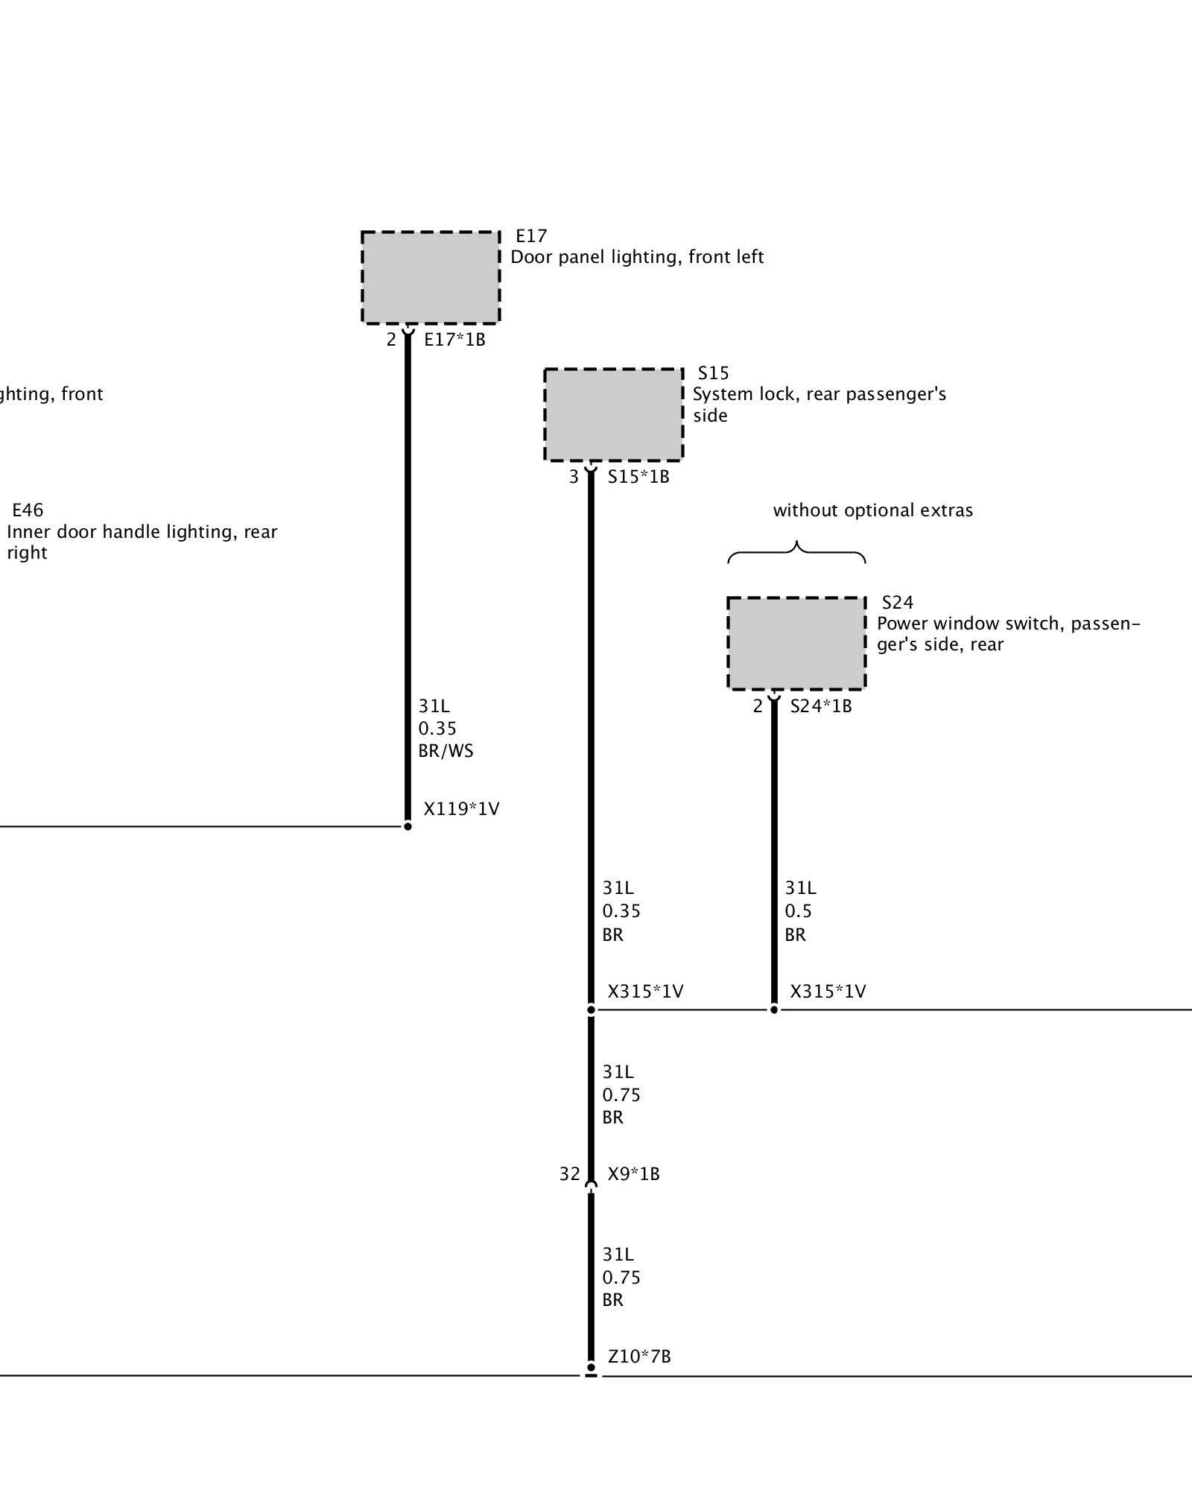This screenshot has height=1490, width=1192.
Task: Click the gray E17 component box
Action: coord(431,277)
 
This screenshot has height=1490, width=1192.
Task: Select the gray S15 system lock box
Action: coord(613,414)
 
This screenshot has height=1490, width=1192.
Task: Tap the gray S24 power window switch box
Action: coord(796,643)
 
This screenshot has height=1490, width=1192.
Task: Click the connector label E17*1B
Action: coord(454,340)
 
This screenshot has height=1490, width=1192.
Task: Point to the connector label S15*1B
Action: coord(638,477)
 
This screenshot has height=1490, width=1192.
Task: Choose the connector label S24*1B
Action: coord(821,706)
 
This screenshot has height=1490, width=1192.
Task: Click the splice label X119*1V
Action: coord(461,808)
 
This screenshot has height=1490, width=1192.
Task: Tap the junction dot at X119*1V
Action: coord(408,826)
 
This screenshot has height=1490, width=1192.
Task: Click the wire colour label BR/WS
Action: coord(446,751)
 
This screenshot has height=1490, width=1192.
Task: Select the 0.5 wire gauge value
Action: coord(798,911)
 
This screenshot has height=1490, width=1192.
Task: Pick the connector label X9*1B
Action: coord(633,1174)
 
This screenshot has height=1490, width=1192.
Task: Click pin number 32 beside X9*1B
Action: coord(569,1174)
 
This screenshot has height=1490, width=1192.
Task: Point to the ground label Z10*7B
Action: coord(639,1357)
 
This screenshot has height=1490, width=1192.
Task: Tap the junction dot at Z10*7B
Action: coord(591,1368)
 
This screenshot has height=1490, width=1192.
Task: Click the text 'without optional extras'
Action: coord(872,510)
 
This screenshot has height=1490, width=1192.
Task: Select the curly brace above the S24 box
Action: coord(796,551)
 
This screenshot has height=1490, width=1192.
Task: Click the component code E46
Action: coord(28,510)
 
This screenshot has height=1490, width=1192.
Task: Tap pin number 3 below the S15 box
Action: coord(574,477)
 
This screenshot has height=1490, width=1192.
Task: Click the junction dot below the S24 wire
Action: coord(774,1009)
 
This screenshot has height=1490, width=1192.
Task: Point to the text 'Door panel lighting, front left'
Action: coord(637,257)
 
